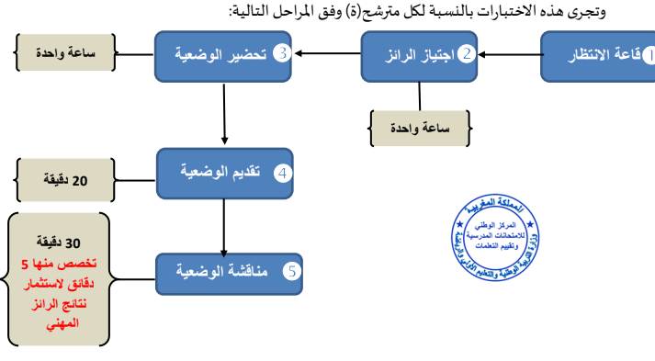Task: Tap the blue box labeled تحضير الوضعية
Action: pyautogui.click(x=224, y=54)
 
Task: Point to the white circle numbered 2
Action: pyautogui.click(x=467, y=54)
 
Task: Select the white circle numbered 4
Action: pyautogui.click(x=283, y=172)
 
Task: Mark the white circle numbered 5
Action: pyautogui.click(x=290, y=272)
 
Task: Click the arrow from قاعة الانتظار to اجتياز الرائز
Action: pyautogui.click(x=510, y=55)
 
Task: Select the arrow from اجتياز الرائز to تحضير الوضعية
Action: pyautogui.click(x=328, y=54)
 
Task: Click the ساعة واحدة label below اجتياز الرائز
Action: pyautogui.click(x=419, y=129)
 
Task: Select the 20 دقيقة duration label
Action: pyautogui.click(x=66, y=180)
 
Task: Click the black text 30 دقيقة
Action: pyautogui.click(x=57, y=243)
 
